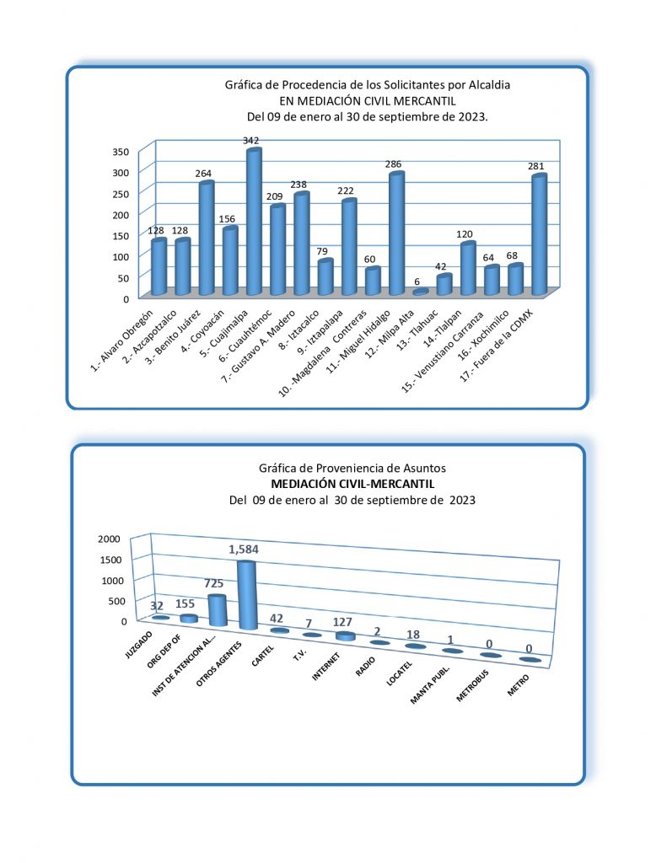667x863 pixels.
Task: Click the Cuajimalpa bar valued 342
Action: (254, 222)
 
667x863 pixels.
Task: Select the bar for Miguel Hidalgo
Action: (396, 234)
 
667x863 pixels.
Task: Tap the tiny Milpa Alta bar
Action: (420, 292)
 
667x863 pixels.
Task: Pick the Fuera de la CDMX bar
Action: (539, 235)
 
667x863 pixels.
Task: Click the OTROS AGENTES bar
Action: (246, 595)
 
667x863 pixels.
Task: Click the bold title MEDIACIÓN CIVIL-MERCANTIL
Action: (352, 484)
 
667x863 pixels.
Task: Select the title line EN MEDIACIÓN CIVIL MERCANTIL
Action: (367, 100)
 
